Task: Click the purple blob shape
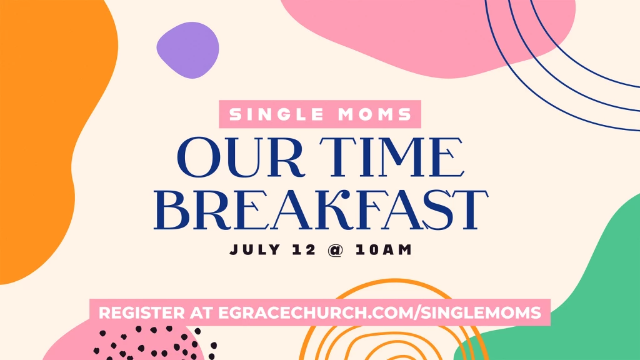(187, 50)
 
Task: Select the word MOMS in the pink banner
(375, 114)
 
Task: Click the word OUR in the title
(241, 157)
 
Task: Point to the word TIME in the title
(392, 157)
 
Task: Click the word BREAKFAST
(321, 210)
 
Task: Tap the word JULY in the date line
(255, 249)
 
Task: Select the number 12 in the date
(304, 249)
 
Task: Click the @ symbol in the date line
(336, 250)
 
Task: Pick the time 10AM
(384, 249)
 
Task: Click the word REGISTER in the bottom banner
(142, 312)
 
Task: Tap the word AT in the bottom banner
(201, 312)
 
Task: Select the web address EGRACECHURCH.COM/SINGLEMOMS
(379, 312)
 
